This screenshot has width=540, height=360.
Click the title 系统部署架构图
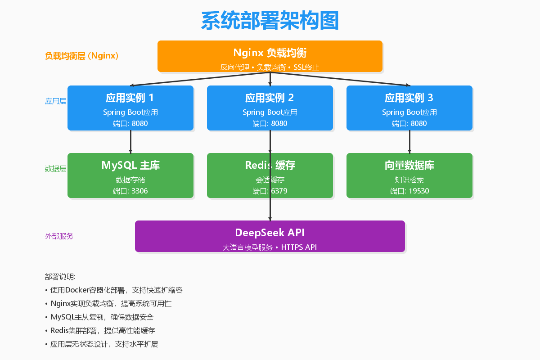coord(270,21)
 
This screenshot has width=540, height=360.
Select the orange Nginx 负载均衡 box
coord(270,56)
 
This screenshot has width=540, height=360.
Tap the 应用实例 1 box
coord(130,108)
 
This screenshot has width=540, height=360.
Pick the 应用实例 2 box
coord(270,108)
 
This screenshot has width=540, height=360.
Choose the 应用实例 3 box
coord(409,108)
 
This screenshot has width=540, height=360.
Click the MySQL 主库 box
coord(130,175)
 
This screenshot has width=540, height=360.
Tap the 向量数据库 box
coord(409,175)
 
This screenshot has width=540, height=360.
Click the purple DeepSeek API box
coord(270,236)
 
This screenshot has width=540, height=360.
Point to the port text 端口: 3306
coord(130,191)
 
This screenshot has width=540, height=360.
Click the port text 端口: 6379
coord(270,191)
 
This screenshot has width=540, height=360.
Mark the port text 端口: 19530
coord(409,191)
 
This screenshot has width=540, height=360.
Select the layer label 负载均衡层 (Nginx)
coord(81,56)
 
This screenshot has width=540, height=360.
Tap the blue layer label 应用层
coord(56,101)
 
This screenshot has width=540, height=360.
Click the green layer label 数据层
coord(56,169)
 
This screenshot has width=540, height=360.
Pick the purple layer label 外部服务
coord(59,236)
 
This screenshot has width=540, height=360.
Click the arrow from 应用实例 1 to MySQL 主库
coord(130,142)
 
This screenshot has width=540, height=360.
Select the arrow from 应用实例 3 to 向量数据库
coord(409,142)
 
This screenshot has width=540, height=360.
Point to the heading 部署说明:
coord(60,277)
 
